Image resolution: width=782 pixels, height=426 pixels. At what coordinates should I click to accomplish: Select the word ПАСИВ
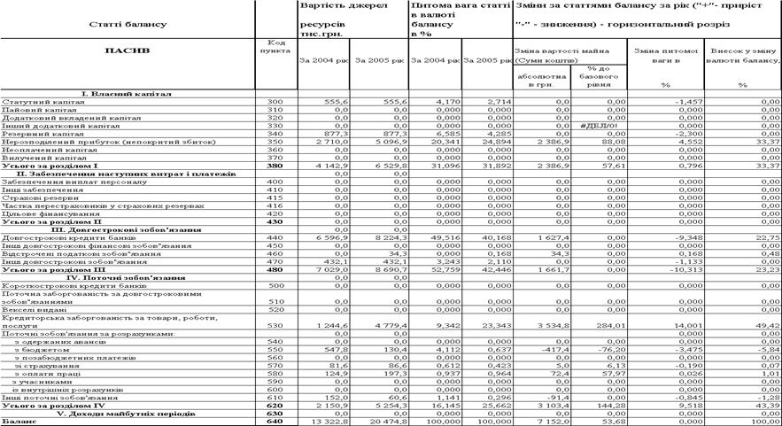coord(127,50)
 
